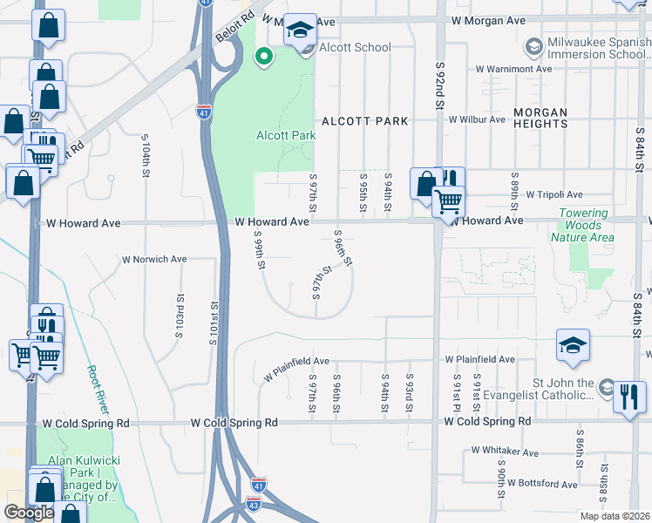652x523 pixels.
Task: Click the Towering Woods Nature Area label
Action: (x=584, y=226)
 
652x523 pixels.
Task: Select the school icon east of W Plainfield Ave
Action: (x=574, y=345)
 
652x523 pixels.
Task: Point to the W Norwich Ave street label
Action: (x=154, y=259)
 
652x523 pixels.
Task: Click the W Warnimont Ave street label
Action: (x=513, y=69)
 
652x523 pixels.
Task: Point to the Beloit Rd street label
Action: (x=234, y=27)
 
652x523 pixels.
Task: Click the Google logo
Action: (x=29, y=513)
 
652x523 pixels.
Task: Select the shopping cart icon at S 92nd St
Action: (x=448, y=202)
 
